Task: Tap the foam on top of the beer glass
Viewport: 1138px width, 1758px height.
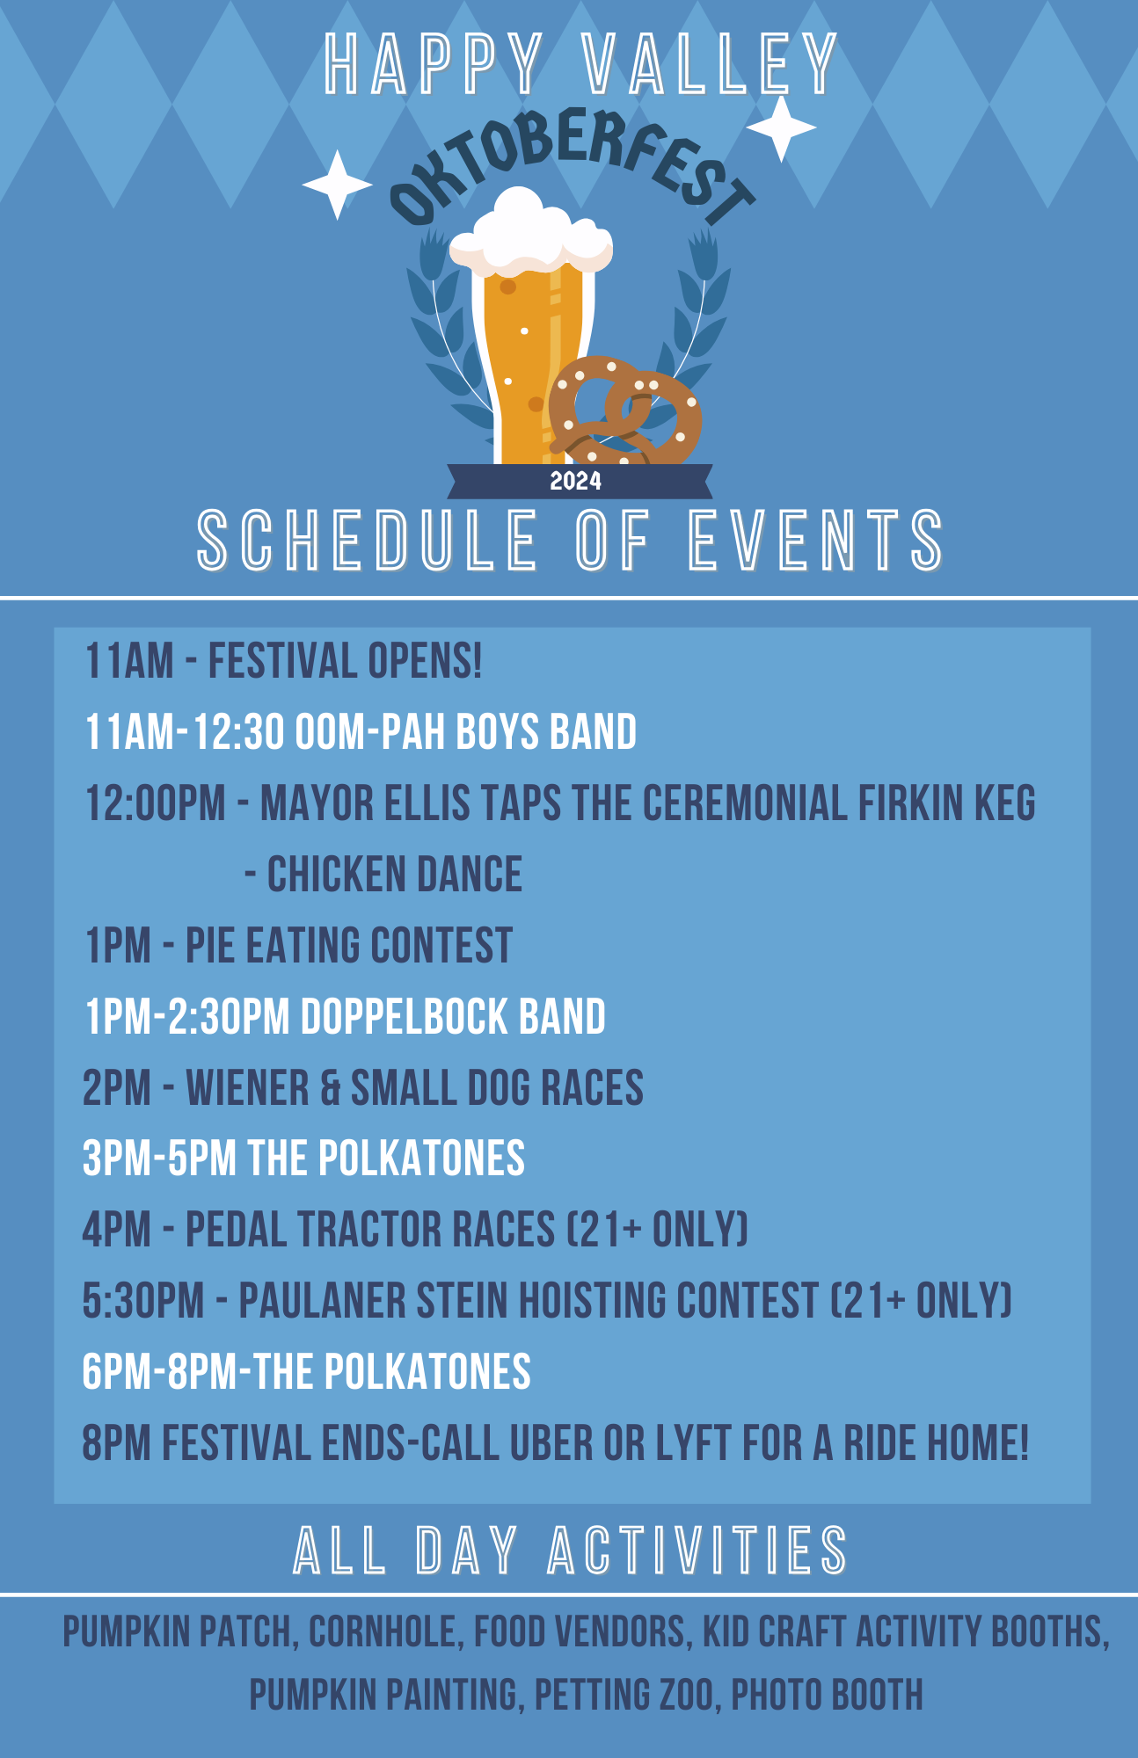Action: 531,232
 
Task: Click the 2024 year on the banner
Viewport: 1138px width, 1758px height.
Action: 576,481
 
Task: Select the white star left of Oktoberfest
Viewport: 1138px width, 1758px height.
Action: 337,185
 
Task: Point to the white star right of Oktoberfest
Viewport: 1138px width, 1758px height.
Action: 781,128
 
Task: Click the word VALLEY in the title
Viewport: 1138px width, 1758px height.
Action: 710,64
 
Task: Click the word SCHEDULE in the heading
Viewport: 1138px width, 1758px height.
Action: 367,540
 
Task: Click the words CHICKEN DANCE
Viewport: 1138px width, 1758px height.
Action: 395,875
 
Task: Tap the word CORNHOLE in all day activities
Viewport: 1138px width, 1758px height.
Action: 383,1632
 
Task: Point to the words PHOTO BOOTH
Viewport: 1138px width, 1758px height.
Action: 828,1695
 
